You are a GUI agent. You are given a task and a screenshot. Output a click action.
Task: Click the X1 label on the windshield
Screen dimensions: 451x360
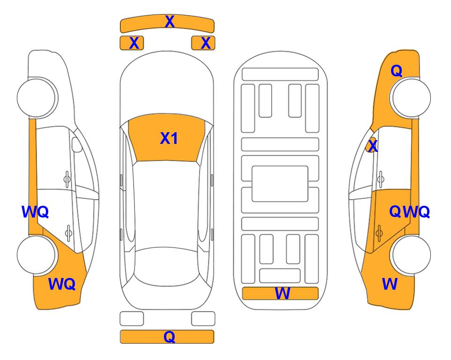pyautogui.click(x=169, y=138)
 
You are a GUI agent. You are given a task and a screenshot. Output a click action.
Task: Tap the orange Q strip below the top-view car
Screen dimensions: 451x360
pyautogui.click(x=167, y=337)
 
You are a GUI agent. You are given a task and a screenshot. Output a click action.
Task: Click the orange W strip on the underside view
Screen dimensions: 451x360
pyautogui.click(x=280, y=293)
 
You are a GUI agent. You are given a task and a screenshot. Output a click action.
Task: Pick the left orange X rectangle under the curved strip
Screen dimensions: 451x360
pyautogui.click(x=132, y=43)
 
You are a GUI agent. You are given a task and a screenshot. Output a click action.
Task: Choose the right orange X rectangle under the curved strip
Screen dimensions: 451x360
pyautogui.click(x=203, y=43)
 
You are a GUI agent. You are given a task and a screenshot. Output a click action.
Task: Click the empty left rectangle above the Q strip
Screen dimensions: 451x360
pyautogui.click(x=132, y=319)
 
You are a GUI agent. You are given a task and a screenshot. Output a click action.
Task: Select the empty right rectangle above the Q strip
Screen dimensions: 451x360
pyautogui.click(x=203, y=319)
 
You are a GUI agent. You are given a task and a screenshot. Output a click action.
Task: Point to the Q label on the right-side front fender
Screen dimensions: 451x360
pyautogui.click(x=396, y=71)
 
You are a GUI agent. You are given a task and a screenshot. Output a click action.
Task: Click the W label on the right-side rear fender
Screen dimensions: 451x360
pyautogui.click(x=390, y=284)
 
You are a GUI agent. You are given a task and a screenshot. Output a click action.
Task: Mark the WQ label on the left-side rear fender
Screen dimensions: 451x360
pyautogui.click(x=62, y=284)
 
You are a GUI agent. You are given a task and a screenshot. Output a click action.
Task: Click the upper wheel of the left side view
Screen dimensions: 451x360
pyautogui.click(x=37, y=97)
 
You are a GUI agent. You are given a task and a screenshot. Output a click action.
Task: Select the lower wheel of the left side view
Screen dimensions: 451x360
pyautogui.click(x=37, y=255)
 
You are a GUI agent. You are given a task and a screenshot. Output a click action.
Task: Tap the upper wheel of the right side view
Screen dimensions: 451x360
pyautogui.click(x=411, y=97)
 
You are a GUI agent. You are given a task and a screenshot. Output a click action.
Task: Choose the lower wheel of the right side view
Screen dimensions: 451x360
pyautogui.click(x=411, y=255)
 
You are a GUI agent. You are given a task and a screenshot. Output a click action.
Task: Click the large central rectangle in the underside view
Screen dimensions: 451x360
pyautogui.click(x=280, y=184)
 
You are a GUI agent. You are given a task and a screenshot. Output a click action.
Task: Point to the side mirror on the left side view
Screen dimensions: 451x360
pyautogui.click(x=77, y=144)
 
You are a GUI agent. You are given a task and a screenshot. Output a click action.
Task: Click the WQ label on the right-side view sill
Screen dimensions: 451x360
pyautogui.click(x=416, y=212)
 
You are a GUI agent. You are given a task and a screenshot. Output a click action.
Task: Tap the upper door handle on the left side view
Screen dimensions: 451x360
pyautogui.click(x=67, y=180)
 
